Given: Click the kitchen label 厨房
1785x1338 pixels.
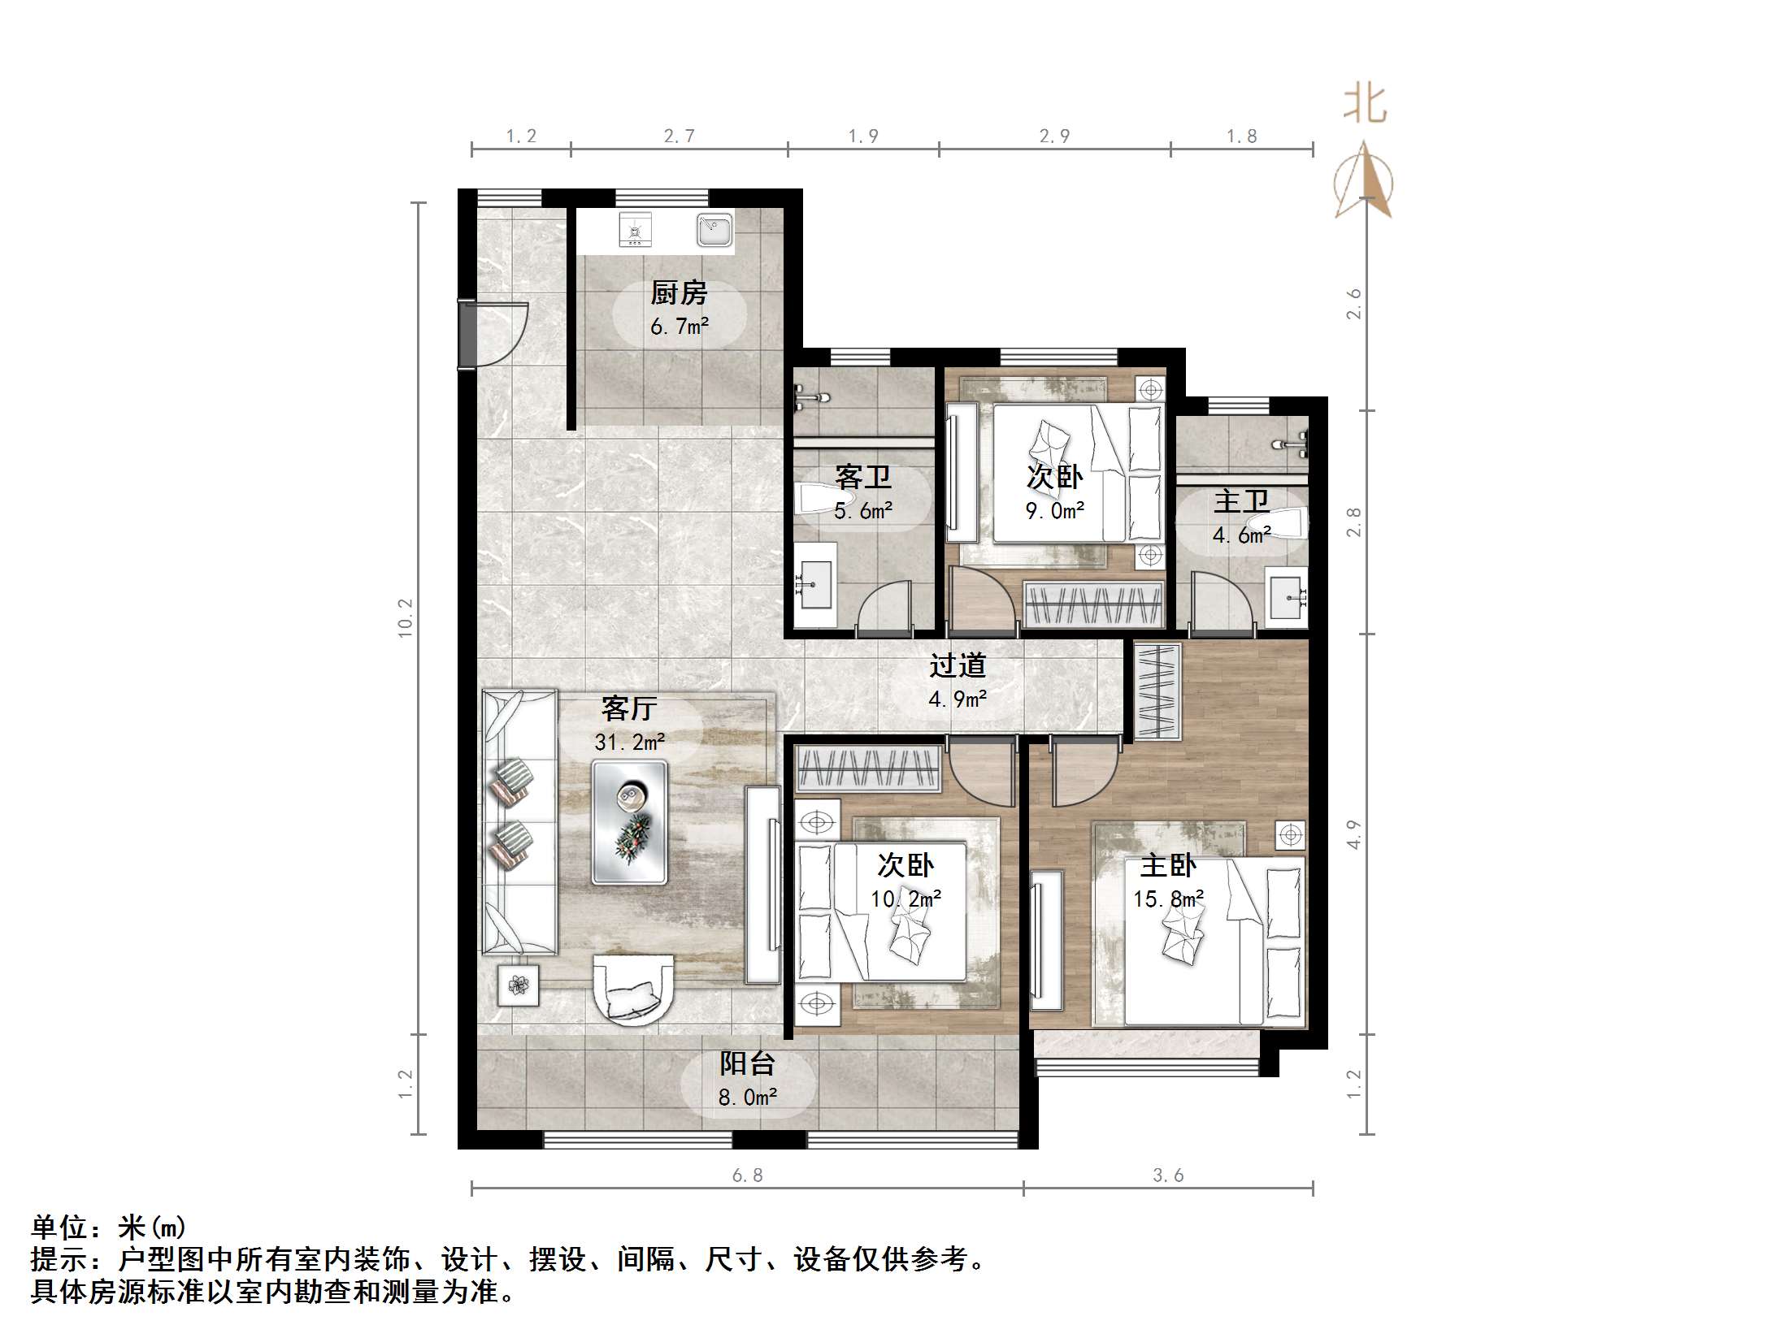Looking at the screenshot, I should pyautogui.click(x=679, y=292).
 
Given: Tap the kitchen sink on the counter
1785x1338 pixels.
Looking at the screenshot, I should pyautogui.click(x=714, y=230).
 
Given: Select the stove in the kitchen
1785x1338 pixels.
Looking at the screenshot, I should pyautogui.click(x=635, y=230).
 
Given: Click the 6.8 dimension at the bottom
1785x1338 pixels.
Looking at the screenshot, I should pyautogui.click(x=747, y=1176).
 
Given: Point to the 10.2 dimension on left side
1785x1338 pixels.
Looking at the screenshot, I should pyautogui.click(x=406, y=617).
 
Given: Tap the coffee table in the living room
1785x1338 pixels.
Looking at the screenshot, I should pyautogui.click(x=630, y=822).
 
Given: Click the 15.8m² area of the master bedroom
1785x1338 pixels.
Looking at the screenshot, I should pyautogui.click(x=1168, y=899).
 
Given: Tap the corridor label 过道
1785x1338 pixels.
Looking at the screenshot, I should pyautogui.click(x=958, y=666).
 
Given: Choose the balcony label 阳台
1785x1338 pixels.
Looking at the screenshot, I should pyautogui.click(x=747, y=1063).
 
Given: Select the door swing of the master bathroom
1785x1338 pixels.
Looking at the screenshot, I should pyautogui.click(x=1219, y=601).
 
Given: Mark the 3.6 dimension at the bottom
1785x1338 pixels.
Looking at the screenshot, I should pyautogui.click(x=1168, y=1176).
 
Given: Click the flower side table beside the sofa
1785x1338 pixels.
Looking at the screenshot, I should pyautogui.click(x=519, y=985).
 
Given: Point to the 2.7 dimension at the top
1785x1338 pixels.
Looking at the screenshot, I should pyautogui.click(x=679, y=136).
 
